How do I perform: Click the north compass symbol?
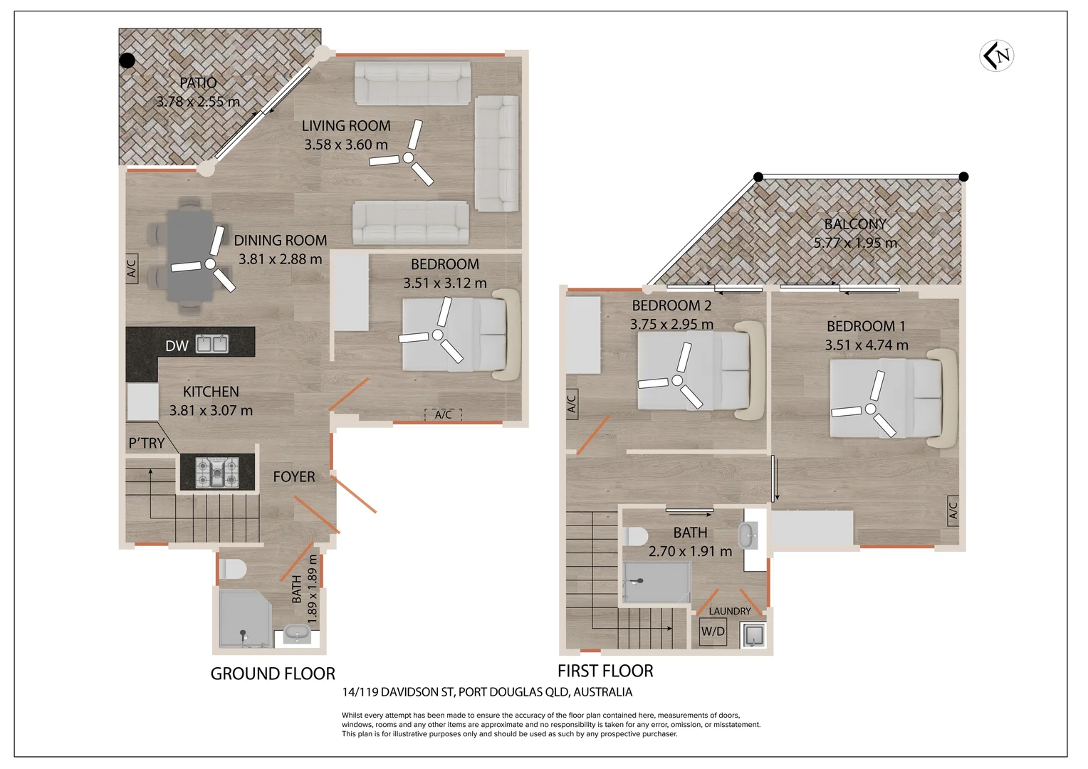[997, 56]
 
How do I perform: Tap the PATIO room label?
[198, 83]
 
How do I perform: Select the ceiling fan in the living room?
[408, 157]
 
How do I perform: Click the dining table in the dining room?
[190, 255]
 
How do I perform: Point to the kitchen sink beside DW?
[211, 344]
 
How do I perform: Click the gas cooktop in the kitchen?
[217, 472]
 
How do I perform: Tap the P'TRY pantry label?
[146, 443]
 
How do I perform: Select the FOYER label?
[294, 476]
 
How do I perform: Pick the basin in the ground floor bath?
[297, 634]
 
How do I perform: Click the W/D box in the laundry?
[713, 632]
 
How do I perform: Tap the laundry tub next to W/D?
[753, 635]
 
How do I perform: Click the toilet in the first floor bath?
[635, 537]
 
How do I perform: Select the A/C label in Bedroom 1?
[953, 511]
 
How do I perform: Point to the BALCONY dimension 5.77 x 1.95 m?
[855, 242]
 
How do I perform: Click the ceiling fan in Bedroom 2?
[676, 380]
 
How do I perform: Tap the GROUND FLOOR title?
[273, 674]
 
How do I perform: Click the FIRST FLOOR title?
[605, 671]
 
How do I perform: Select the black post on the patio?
[127, 61]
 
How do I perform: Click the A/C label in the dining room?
[132, 268]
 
